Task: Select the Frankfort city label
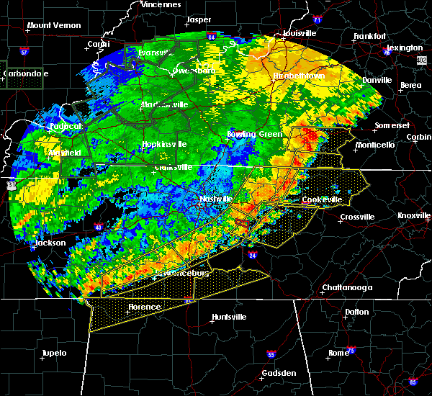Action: point(371,36)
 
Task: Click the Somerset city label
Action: point(392,126)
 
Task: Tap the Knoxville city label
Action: point(413,215)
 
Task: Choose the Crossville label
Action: point(358,217)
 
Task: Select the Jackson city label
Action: point(50,243)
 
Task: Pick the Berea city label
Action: point(411,85)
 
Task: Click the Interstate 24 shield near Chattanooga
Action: point(253,255)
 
